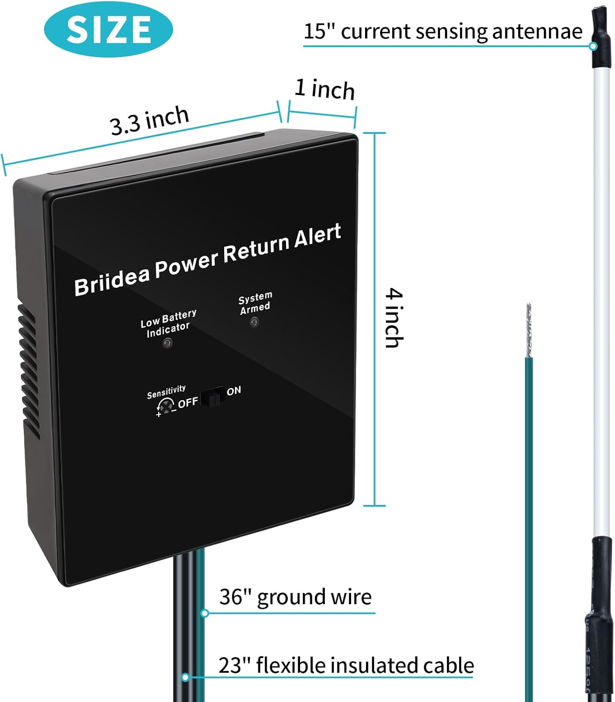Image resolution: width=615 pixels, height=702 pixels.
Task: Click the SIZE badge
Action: click(108, 29)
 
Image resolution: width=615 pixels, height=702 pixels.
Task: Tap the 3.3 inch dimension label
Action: click(149, 120)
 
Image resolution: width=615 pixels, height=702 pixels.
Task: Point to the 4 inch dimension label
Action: click(394, 318)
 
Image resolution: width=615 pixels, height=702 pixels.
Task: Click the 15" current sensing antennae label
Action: click(443, 32)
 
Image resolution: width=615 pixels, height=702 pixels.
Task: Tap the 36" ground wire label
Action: click(295, 597)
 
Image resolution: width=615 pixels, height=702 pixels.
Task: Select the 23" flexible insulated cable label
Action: click(346, 665)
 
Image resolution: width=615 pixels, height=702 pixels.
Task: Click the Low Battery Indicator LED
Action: click(167, 344)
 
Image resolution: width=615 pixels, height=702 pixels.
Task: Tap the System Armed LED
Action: click(254, 322)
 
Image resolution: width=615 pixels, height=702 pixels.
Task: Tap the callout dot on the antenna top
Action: click(593, 46)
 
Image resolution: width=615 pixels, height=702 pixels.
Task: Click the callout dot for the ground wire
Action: click(204, 613)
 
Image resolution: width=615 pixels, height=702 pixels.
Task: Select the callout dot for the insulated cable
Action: click(186, 677)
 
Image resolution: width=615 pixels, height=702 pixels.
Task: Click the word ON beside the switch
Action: click(234, 390)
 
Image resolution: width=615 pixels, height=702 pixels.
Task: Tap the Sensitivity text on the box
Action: click(166, 392)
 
